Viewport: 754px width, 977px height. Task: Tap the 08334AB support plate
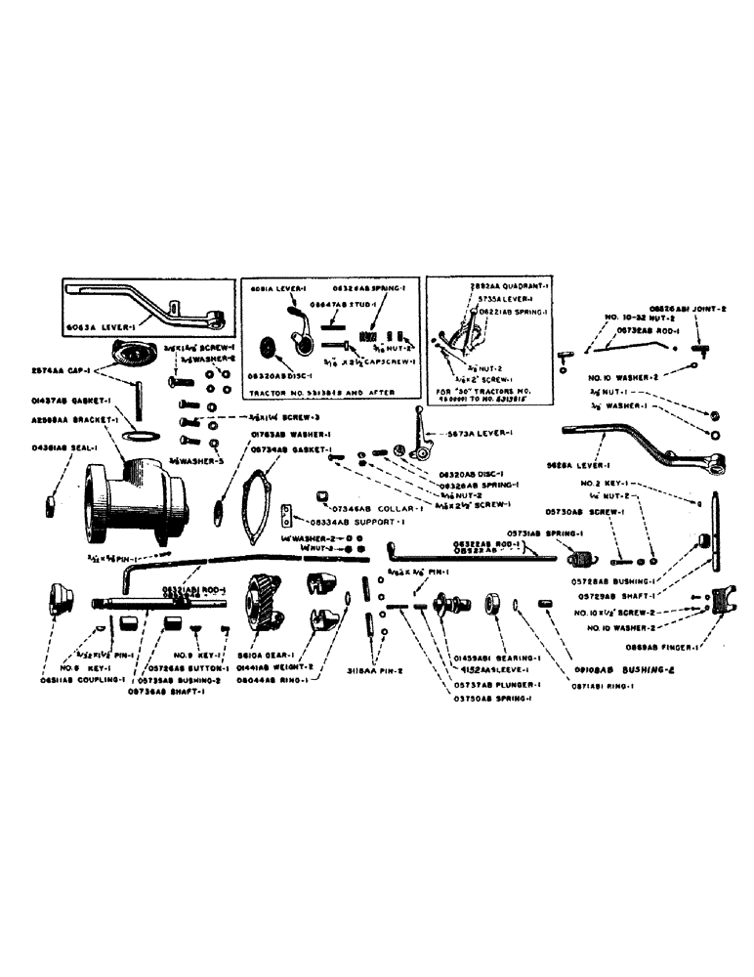click(285, 515)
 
